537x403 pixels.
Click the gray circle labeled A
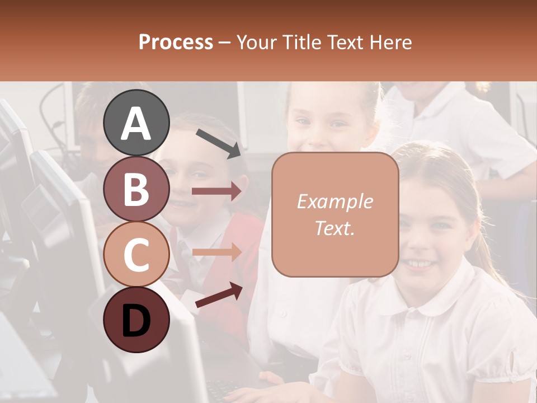click(136, 123)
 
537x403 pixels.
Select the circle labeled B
click(136, 189)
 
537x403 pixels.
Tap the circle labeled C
click(136, 254)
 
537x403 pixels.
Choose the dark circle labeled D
click(136, 320)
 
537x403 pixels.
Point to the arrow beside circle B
click(216, 191)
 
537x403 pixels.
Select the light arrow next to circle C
click(216, 252)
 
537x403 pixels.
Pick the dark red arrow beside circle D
click(219, 295)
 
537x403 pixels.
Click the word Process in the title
click(176, 42)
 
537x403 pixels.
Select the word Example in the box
click(335, 201)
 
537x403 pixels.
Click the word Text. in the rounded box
click(335, 228)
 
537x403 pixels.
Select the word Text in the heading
click(343, 42)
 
